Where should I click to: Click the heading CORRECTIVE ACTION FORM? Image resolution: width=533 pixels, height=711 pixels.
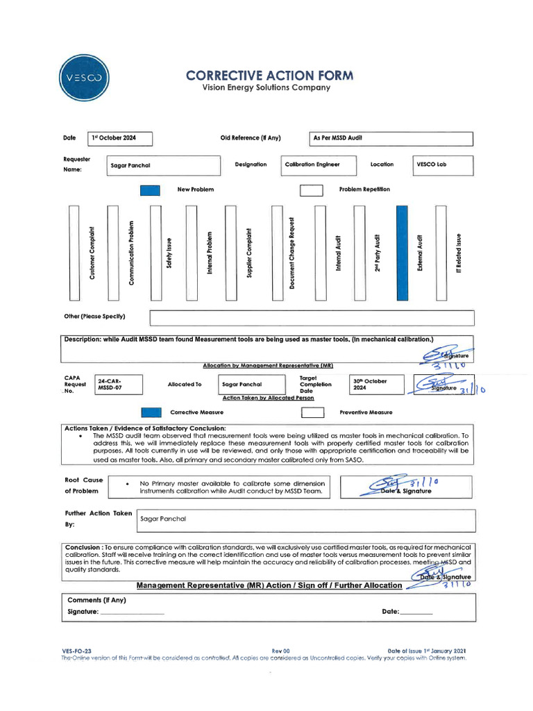269,76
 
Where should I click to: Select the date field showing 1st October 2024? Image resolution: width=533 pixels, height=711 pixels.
121,138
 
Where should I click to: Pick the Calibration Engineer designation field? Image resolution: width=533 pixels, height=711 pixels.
319,165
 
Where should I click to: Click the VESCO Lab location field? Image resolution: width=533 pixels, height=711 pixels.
443,165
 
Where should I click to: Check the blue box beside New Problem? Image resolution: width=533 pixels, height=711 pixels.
150,190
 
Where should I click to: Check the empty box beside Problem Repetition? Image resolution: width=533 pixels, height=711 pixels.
312,190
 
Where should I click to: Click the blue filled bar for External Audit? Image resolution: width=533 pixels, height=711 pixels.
402,253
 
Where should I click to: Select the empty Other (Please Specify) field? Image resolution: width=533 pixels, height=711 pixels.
312,317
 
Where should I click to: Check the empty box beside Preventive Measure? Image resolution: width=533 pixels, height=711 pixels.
312,412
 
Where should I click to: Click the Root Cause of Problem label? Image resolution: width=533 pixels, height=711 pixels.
84,485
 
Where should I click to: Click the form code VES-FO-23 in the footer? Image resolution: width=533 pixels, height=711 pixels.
76,651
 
